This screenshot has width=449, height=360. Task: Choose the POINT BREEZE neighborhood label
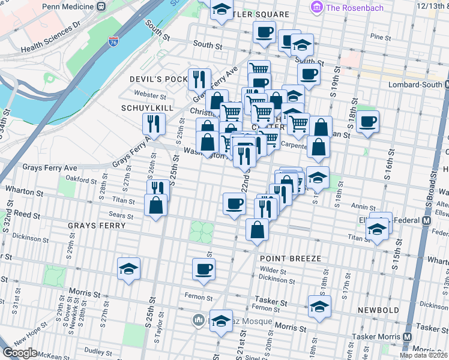291,258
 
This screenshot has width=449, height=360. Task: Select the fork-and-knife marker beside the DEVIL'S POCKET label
199,78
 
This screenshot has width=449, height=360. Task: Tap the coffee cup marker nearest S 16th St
367,121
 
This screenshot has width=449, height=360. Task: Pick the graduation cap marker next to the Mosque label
221,320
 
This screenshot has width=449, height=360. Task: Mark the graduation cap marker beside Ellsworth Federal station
377,229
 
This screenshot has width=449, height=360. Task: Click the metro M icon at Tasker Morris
409,336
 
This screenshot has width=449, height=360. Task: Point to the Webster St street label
150,95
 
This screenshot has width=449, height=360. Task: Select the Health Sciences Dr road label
50,38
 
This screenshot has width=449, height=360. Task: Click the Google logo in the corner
20,352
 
